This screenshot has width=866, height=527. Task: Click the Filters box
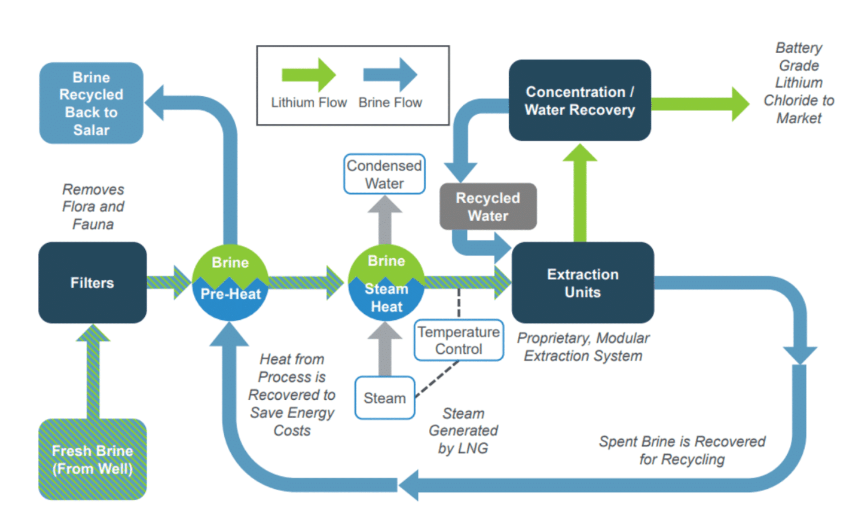pos(92,283)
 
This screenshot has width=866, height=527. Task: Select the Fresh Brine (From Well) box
pos(92,459)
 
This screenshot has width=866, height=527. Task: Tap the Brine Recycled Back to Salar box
pos(92,103)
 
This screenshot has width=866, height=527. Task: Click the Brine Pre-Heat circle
pos(230,283)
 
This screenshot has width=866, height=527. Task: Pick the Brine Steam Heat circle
pos(387,283)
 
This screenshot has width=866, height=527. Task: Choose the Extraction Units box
pos(583,283)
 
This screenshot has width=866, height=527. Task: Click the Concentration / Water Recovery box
pos(580,100)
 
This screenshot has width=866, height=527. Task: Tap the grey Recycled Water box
pos(488,206)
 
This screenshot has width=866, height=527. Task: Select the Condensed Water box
pos(384,174)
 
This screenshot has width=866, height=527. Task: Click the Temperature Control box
pos(459,340)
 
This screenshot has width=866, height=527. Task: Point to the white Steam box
pos(385,398)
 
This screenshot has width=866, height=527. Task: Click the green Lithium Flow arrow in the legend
pos(309,75)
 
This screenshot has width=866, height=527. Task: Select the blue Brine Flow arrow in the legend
pos(391,75)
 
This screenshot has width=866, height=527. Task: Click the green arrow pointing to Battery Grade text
pos(700,104)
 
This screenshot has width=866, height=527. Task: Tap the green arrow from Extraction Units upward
pos(580,193)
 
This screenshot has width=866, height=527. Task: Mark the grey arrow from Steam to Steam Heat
pos(385,349)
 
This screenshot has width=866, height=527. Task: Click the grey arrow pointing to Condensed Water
pos(385,219)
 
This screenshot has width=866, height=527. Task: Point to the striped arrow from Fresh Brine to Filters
pos(93,372)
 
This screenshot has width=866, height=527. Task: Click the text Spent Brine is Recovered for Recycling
pos(682,450)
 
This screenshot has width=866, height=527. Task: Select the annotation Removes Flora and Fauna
pos(93,207)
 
